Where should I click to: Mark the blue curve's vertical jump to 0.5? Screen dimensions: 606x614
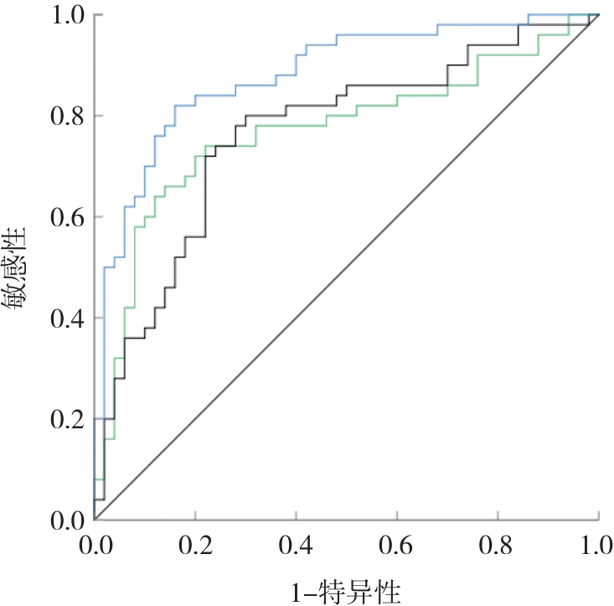(x=104, y=335)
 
